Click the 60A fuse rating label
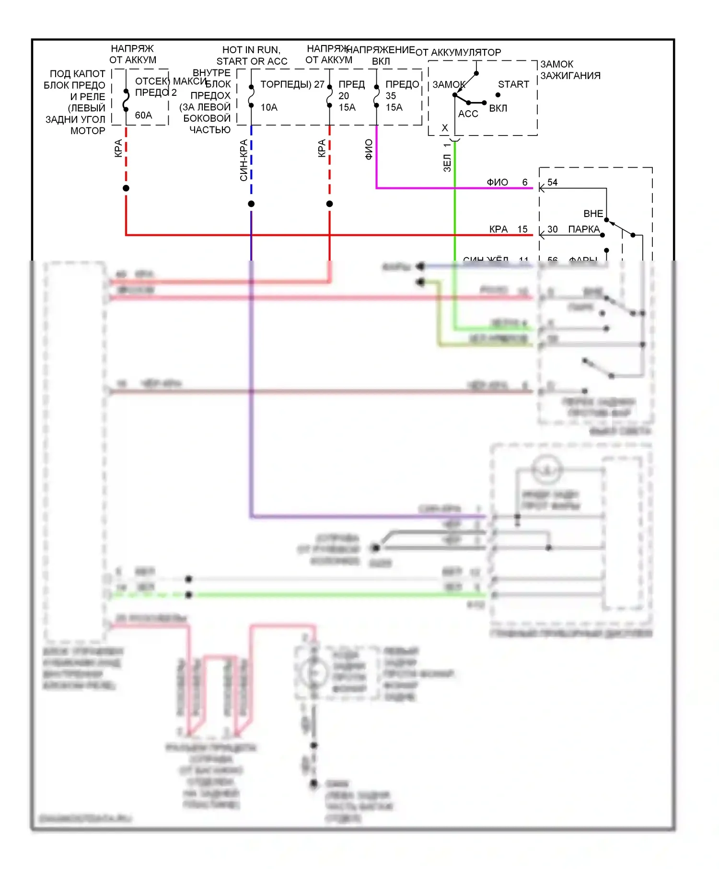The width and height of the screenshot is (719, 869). point(143,115)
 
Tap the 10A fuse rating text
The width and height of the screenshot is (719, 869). point(269,108)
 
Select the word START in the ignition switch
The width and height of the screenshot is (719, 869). point(513,84)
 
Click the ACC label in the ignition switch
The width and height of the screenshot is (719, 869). point(468,114)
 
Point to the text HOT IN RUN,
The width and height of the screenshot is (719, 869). point(251,50)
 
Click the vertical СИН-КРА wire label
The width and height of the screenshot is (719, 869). point(244,160)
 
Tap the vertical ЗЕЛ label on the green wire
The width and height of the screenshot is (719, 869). point(447,163)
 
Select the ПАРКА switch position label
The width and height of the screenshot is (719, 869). point(583,229)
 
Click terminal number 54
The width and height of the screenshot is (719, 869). point(552,183)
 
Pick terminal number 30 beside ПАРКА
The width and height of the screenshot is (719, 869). point(552,229)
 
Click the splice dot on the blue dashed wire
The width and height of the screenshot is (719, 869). point(251,204)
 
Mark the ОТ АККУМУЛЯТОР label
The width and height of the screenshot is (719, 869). point(458,53)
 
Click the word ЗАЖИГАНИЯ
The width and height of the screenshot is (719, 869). point(570,76)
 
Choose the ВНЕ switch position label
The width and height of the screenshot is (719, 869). point(593,214)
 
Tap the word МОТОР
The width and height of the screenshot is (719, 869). point(88,131)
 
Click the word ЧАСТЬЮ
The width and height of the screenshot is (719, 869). point(210,130)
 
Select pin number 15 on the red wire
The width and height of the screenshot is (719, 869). point(522,229)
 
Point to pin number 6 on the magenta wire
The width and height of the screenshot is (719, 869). point(525,183)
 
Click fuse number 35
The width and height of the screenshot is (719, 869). point(391,96)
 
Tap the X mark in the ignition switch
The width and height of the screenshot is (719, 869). point(445,128)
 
